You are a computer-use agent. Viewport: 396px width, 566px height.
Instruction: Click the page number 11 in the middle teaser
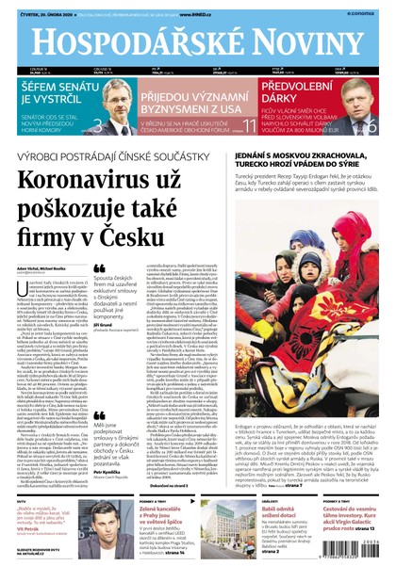click(250, 124)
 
